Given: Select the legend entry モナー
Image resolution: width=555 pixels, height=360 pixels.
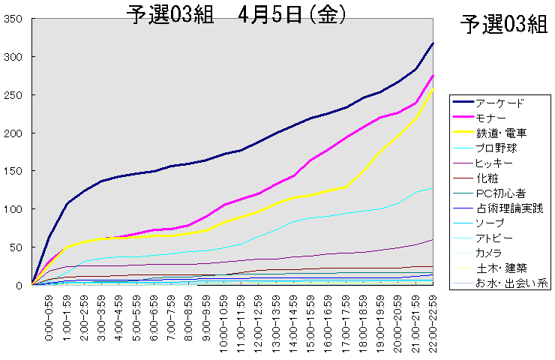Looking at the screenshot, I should click(x=492, y=118).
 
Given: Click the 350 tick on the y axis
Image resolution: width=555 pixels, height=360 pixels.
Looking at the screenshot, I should click(x=14, y=19).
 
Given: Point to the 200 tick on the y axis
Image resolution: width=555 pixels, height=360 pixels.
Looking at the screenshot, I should click(x=14, y=133).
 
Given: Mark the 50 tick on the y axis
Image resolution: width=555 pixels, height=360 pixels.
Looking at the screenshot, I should click(x=17, y=247).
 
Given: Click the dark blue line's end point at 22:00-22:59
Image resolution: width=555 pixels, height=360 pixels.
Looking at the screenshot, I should click(x=433, y=43).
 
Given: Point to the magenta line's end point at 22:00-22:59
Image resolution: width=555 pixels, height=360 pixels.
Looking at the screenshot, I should click(x=433, y=76).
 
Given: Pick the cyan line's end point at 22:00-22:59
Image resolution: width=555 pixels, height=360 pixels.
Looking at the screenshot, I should click(x=433, y=187).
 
